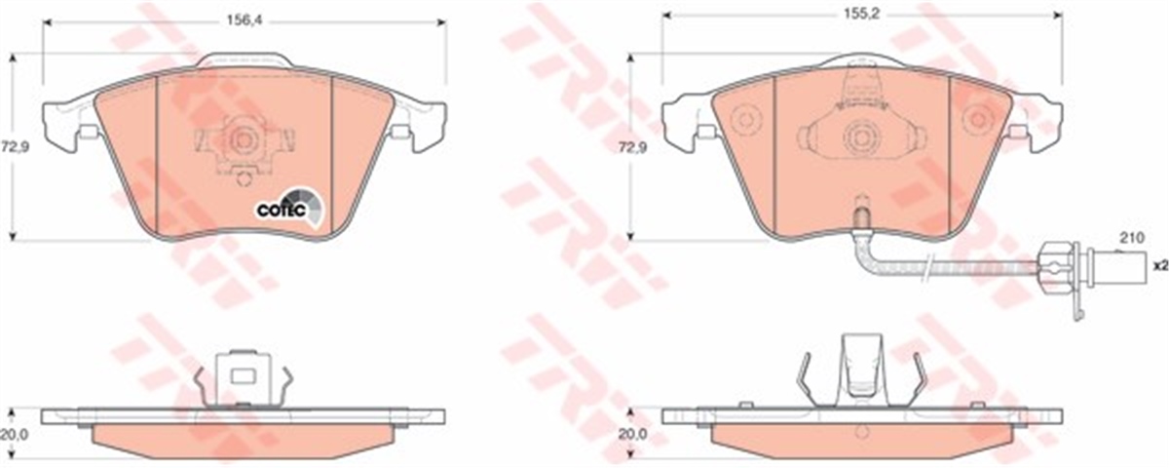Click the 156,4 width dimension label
(x=244, y=16)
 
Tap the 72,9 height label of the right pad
(x=634, y=147)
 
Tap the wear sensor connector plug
(x=1057, y=262)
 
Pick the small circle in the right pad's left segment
(x=745, y=119)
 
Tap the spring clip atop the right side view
(x=860, y=366)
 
